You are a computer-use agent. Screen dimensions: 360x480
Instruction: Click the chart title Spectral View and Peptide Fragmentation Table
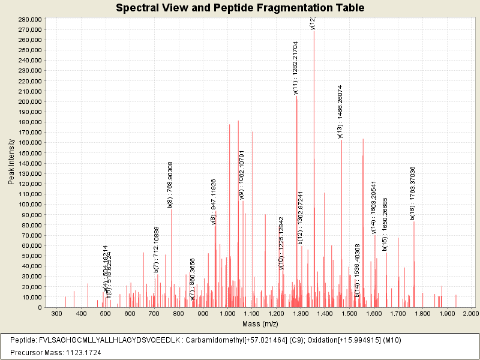click(240, 8)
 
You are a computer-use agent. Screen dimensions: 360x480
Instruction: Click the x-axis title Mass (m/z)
click(259, 324)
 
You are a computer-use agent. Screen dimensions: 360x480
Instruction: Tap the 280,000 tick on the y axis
click(29, 19)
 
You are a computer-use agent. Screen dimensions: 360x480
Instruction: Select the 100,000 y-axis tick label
click(29, 205)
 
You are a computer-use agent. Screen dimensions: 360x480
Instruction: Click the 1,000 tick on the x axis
click(227, 314)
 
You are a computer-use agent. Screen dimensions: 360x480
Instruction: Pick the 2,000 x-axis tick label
click(471, 314)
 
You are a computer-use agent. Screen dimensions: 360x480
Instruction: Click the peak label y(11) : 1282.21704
click(296, 68)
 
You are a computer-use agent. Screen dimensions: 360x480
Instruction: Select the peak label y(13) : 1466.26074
click(340, 112)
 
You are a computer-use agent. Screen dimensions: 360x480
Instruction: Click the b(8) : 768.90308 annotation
click(170, 185)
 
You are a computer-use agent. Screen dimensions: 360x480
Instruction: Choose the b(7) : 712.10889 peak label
click(157, 250)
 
